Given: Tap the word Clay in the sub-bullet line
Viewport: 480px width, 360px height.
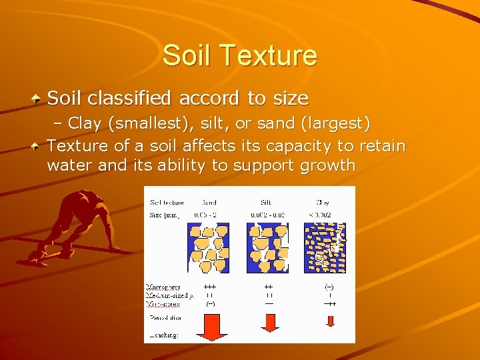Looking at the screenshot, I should click(x=85, y=124).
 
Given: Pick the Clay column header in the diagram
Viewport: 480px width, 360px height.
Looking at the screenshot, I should click(x=323, y=202).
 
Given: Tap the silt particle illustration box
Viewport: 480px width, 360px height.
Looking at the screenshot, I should click(x=269, y=247).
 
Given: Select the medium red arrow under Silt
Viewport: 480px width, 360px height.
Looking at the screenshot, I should click(x=269, y=322).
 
